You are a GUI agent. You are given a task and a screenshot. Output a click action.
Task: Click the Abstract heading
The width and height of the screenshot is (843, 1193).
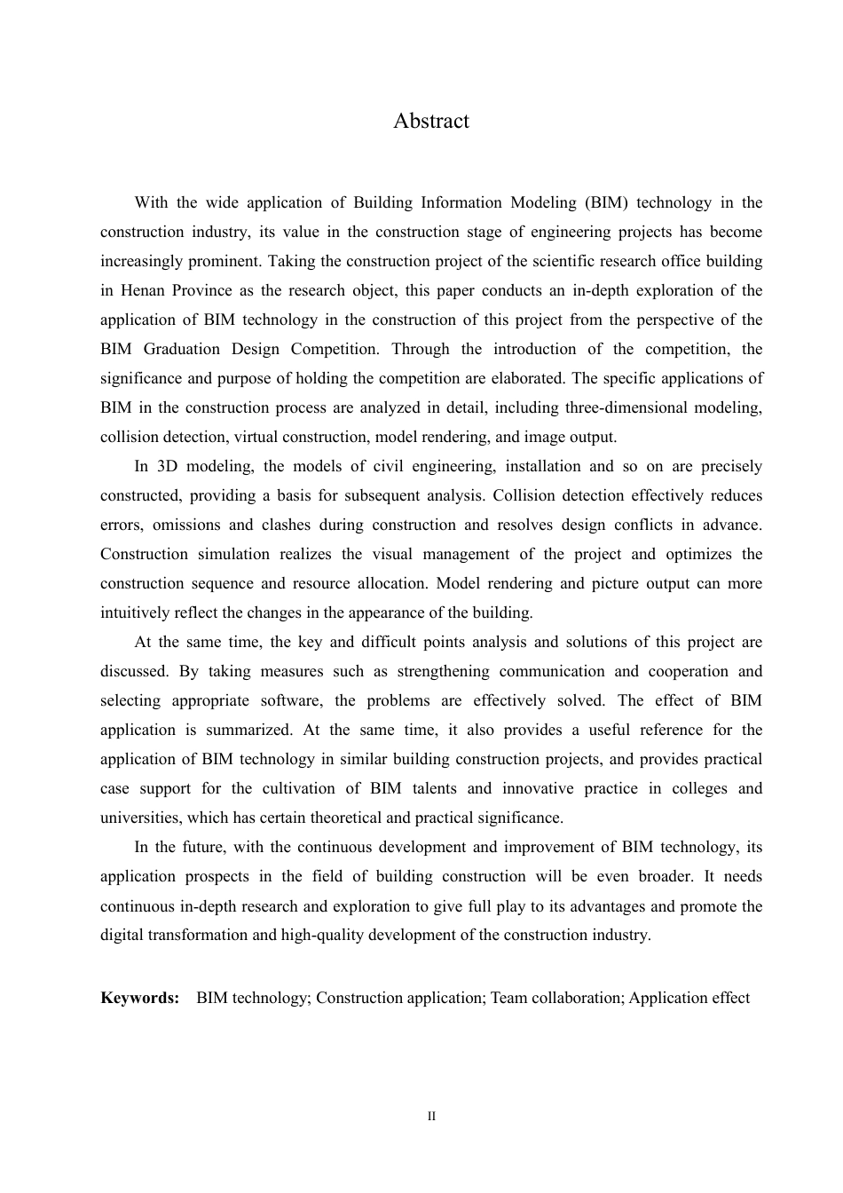pyautogui.click(x=431, y=122)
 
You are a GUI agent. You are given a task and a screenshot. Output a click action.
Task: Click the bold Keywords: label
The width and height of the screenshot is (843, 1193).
pyautogui.click(x=139, y=998)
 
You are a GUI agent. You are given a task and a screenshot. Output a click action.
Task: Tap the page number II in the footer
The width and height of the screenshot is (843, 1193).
pyautogui.click(x=431, y=1117)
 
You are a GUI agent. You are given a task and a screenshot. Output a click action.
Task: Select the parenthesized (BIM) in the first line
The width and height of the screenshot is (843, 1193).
pyautogui.click(x=606, y=202)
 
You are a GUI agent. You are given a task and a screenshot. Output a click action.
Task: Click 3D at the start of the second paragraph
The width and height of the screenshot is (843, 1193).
pyautogui.click(x=168, y=466)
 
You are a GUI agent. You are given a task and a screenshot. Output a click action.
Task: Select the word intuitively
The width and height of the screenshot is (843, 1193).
pyautogui.click(x=137, y=612)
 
